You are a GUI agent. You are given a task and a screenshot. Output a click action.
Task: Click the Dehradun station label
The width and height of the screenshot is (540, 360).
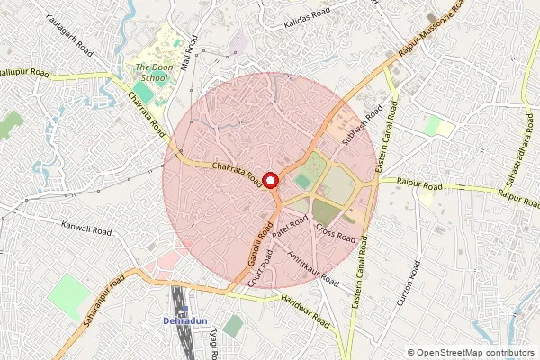click(x=185, y=321)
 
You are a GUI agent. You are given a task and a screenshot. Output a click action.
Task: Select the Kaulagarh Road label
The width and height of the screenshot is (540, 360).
click(x=66, y=22)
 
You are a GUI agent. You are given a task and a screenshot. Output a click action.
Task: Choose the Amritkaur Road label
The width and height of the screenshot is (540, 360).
click(x=311, y=266)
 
